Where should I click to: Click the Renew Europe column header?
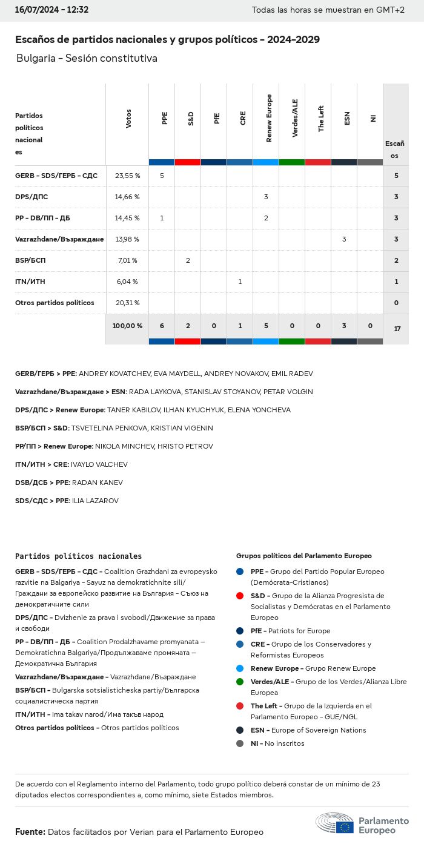pyautogui.click(x=269, y=119)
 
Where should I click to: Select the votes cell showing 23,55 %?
pyautogui.click(x=127, y=176)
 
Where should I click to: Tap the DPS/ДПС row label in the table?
pyautogui.click(x=31, y=197)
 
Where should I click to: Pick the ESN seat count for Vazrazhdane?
pyautogui.click(x=344, y=239)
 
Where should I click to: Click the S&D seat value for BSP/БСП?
pyautogui.click(x=188, y=260)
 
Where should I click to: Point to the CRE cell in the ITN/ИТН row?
pyautogui.click(x=240, y=282)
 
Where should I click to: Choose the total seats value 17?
pyautogui.click(x=397, y=329)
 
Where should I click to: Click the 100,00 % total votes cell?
pyautogui.click(x=127, y=326)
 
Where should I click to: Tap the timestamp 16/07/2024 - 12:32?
pyautogui.click(x=51, y=10)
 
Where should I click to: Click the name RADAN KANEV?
pyautogui.click(x=97, y=483)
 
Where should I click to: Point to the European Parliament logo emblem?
pyautogui.click(x=334, y=825)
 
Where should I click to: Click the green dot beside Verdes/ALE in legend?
pyautogui.click(x=240, y=682)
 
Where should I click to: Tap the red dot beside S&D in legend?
pyautogui.click(x=240, y=596)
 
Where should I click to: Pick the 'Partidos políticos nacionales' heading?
pyautogui.click(x=78, y=556)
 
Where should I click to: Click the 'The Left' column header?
pyautogui.click(x=321, y=119)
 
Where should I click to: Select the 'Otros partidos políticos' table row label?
pyautogui.click(x=55, y=303)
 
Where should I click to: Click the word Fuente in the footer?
pyautogui.click(x=30, y=832)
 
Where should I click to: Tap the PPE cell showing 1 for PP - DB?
pyautogui.click(x=162, y=218)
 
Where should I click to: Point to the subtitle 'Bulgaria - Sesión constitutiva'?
pyautogui.click(x=87, y=58)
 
